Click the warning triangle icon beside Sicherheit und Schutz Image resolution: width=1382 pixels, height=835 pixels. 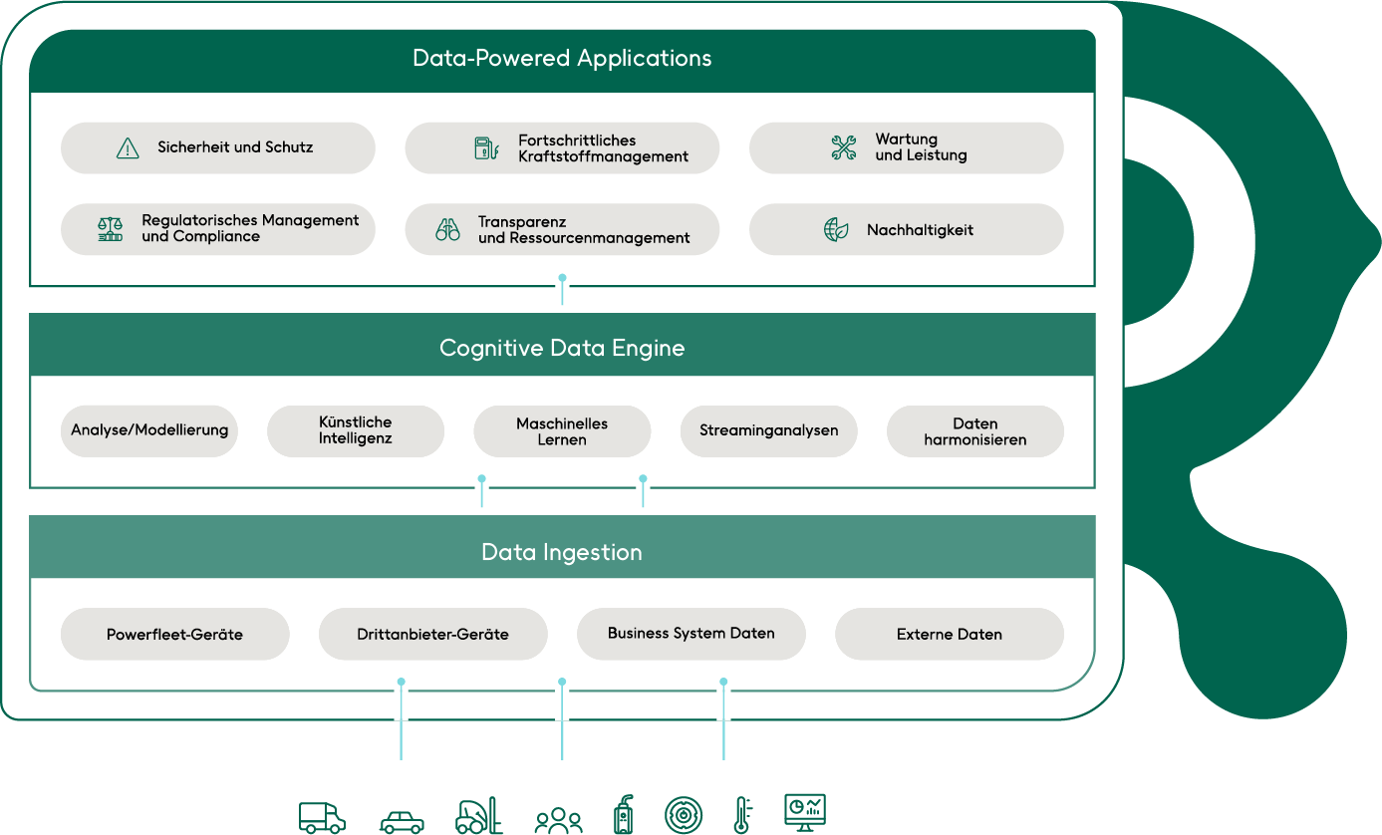tap(128, 148)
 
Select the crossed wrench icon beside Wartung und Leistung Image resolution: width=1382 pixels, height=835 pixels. tap(844, 148)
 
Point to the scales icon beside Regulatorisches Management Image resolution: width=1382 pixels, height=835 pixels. tap(110, 229)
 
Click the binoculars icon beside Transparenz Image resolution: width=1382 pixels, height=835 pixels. tap(447, 230)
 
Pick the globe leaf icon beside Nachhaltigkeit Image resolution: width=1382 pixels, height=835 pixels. tap(836, 230)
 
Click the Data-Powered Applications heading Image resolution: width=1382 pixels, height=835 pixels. tap(562, 58)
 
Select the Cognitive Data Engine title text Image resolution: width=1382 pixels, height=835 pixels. tap(562, 348)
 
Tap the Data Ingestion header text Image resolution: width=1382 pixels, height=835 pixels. tap(562, 552)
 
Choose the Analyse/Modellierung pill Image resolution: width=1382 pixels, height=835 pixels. tap(149, 430)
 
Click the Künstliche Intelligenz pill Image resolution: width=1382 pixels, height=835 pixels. tap(356, 430)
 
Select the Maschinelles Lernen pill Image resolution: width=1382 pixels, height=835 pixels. tap(562, 430)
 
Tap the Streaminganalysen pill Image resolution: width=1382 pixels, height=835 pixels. tap(768, 430)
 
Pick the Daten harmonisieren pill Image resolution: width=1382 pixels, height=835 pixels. tap(974, 430)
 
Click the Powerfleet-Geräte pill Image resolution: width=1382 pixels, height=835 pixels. tap(174, 634)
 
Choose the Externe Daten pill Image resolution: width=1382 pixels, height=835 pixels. tap(949, 634)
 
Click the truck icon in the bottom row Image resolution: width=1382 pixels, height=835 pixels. tap(322, 817)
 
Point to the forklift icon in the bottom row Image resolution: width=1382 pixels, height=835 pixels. tap(479, 816)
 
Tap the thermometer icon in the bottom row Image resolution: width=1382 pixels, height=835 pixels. tap(741, 815)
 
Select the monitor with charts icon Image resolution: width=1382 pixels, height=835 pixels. tap(805, 812)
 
